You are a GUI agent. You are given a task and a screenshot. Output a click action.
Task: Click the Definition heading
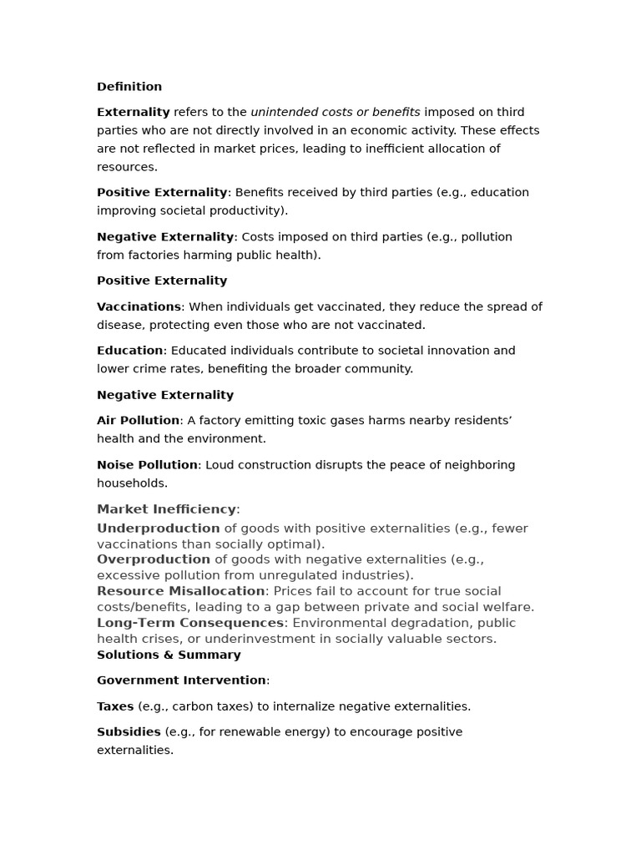[x=129, y=87]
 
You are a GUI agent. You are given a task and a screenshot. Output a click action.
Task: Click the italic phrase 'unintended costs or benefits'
[x=336, y=112]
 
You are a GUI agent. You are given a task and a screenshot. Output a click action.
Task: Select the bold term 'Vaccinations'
[x=139, y=306]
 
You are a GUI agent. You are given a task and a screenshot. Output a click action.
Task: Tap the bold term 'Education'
[x=130, y=351]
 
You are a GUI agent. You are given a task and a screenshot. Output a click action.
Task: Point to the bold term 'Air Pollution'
[x=138, y=420]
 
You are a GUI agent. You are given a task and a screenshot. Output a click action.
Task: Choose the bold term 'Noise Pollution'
[x=147, y=464]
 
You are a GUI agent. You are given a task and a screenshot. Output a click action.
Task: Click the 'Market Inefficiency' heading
[x=166, y=509]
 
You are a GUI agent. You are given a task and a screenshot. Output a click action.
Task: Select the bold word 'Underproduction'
[x=158, y=529]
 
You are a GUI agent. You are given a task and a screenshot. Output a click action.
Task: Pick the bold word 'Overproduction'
[x=154, y=559]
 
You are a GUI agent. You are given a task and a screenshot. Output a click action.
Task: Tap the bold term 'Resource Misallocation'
[x=180, y=591]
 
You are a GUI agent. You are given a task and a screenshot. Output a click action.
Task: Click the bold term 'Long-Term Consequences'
[x=190, y=623]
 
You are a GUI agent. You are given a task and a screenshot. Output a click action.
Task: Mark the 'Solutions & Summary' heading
[x=169, y=655]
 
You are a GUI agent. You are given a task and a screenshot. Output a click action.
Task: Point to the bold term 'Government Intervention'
[x=181, y=680]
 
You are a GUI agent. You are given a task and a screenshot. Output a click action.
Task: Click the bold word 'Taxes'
[x=115, y=706]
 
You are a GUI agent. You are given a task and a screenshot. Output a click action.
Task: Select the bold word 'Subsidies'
[x=129, y=731]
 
